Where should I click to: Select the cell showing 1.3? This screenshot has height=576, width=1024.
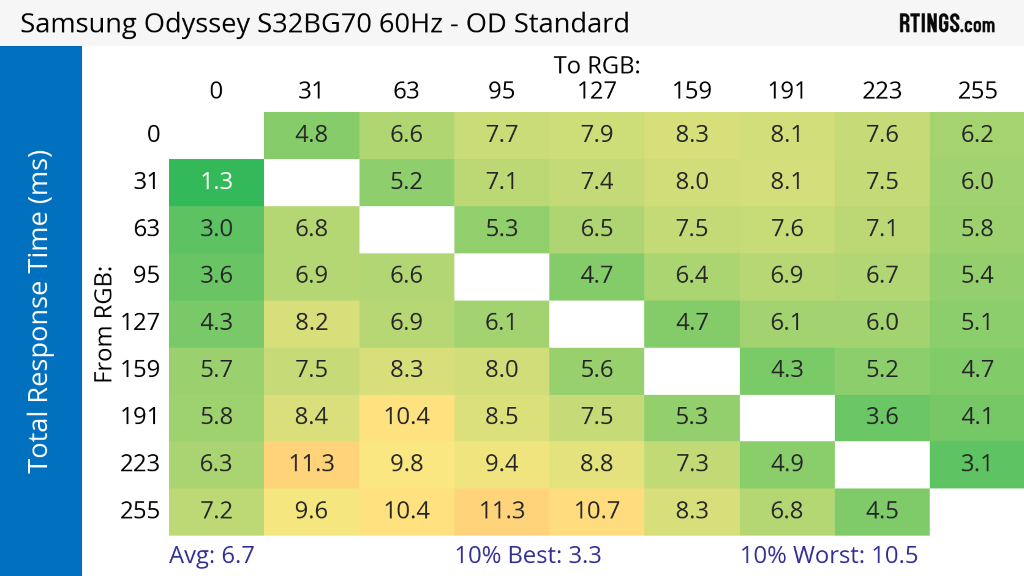point(216,182)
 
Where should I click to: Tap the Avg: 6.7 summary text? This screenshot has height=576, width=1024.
point(211,555)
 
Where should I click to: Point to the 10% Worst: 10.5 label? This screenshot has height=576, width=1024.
point(829,555)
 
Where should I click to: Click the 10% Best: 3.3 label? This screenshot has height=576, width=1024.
point(528,555)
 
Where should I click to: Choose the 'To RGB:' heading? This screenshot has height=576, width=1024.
point(597,65)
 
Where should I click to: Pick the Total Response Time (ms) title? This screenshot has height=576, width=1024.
point(39,312)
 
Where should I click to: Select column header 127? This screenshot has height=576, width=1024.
point(597,91)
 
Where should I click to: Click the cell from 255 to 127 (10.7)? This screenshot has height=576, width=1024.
point(597,510)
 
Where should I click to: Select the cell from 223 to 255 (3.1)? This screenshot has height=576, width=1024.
point(977,464)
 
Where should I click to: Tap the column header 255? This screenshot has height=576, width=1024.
point(977,91)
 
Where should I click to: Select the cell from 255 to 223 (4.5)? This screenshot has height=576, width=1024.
point(882,510)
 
